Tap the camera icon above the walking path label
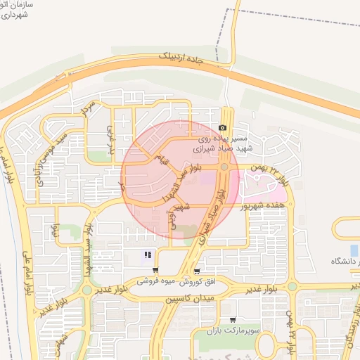pos(223,128)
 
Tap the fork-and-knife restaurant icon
pos(148,255)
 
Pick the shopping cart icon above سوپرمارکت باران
pos(233,319)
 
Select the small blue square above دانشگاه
pos(354,250)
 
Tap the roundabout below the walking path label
pos(224,167)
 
